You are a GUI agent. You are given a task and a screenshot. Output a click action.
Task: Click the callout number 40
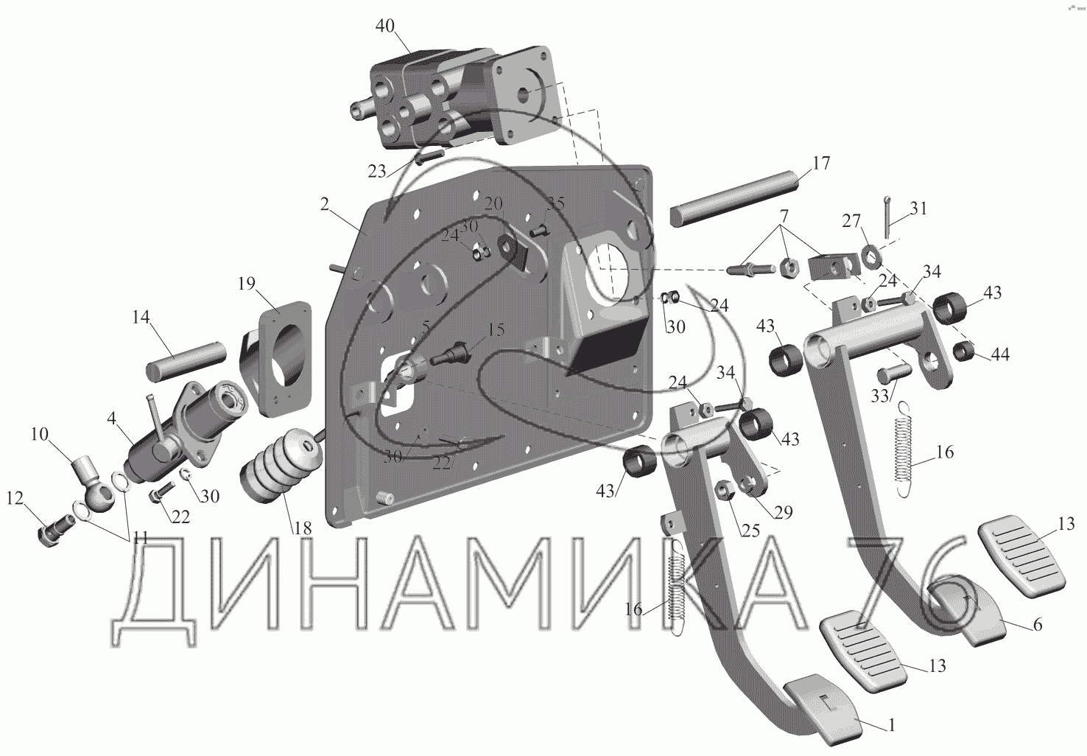pyautogui.click(x=385, y=27)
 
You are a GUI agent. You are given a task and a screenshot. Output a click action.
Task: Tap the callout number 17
pyautogui.click(x=821, y=163)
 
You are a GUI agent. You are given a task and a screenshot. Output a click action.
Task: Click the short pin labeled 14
pyautogui.click(x=186, y=358)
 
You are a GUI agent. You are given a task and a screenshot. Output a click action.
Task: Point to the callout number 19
pyautogui.click(x=247, y=284)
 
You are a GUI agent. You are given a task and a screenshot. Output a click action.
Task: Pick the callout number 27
pyautogui.click(x=851, y=222)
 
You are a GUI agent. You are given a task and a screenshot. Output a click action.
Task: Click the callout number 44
pyautogui.click(x=999, y=354)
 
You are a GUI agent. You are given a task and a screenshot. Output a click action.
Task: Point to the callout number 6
pyautogui.click(x=1038, y=626)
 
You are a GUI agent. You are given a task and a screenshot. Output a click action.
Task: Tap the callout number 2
pyautogui.click(x=325, y=205)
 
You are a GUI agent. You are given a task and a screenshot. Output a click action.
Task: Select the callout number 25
pyautogui.click(x=750, y=530)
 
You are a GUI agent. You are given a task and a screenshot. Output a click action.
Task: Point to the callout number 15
pyautogui.click(x=496, y=329)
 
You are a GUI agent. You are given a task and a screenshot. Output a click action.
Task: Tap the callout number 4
pyautogui.click(x=110, y=419)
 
